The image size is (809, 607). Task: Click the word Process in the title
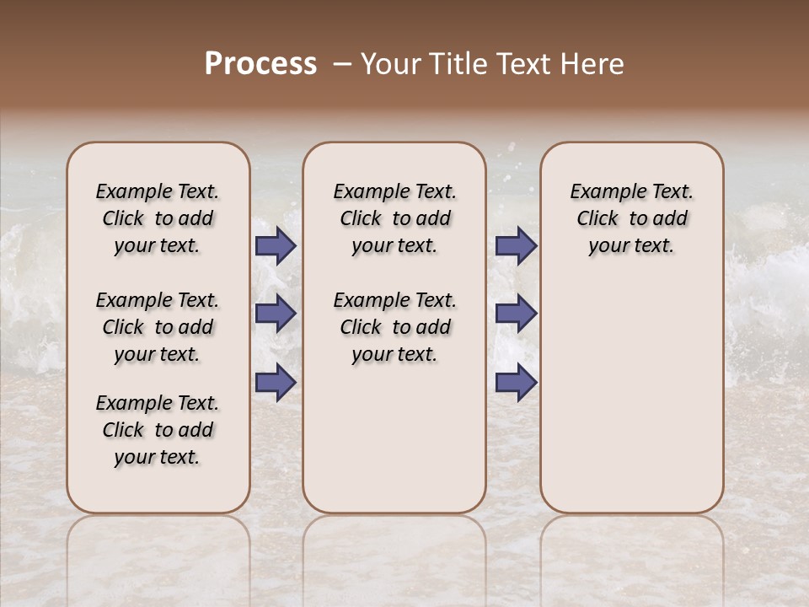(x=260, y=64)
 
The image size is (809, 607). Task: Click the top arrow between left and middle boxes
(x=276, y=246)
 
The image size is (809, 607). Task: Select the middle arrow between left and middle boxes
(x=276, y=314)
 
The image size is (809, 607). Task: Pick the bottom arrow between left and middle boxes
(x=276, y=382)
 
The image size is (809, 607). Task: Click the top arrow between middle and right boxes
(x=516, y=246)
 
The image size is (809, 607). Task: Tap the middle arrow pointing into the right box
(x=516, y=314)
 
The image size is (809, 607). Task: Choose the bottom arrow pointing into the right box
(x=516, y=382)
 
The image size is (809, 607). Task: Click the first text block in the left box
(x=158, y=218)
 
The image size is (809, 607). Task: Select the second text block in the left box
(x=158, y=327)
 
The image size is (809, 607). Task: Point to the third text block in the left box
(x=158, y=430)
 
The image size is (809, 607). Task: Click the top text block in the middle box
(x=394, y=218)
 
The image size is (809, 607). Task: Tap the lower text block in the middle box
(x=394, y=327)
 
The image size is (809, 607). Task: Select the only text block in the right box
(x=632, y=218)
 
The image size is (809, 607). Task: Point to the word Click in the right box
(x=597, y=219)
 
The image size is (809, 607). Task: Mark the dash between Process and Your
(x=342, y=64)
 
